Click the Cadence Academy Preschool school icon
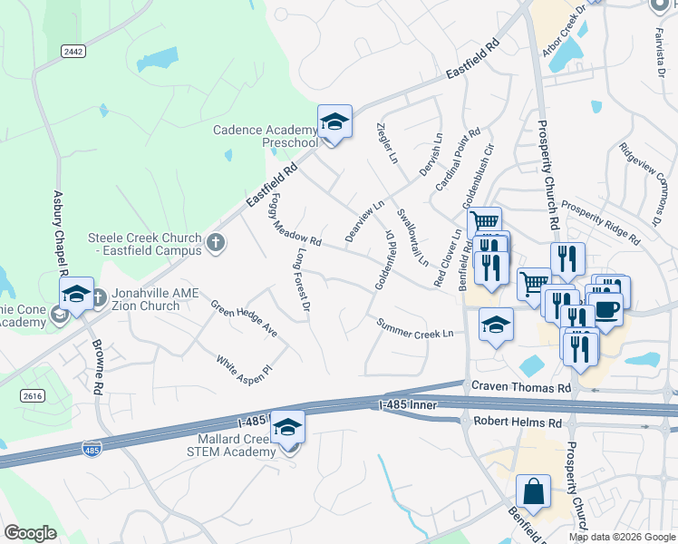point(334,121)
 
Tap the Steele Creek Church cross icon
point(215,243)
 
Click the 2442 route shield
point(73,52)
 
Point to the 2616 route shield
point(33,395)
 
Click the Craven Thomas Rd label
point(520,387)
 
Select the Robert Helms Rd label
point(518,423)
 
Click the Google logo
point(31,533)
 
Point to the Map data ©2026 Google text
point(622,537)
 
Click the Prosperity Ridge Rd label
point(600,223)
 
